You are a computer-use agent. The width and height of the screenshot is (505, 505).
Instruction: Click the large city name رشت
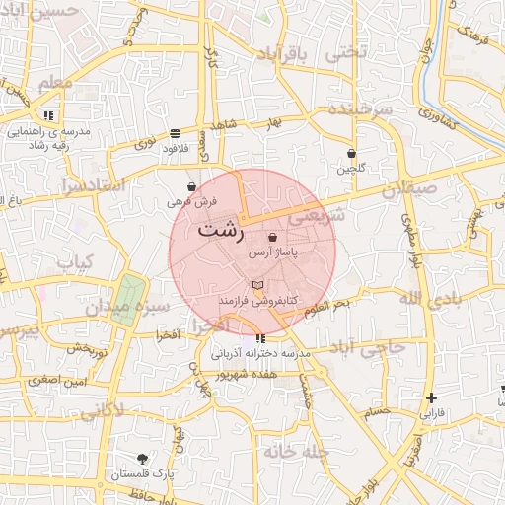tap(221, 231)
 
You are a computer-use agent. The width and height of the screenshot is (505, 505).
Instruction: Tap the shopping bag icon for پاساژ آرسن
tap(272, 238)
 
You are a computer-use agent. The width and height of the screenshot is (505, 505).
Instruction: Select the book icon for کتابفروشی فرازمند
tap(258, 285)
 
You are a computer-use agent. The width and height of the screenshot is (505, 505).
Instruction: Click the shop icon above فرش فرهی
tap(191, 186)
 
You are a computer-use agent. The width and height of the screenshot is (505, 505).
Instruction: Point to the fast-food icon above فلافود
tap(175, 133)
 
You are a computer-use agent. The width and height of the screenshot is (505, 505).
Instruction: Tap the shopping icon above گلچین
tap(352, 154)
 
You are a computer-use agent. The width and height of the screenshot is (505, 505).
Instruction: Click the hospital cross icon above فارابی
tap(431, 398)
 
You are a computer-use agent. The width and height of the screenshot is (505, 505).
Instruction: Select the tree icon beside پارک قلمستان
tap(144, 459)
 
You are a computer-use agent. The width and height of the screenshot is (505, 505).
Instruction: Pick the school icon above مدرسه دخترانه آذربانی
tap(259, 339)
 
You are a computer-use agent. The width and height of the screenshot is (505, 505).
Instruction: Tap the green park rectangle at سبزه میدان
tap(128, 294)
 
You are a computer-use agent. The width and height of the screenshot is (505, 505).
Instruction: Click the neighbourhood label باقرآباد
tap(290, 51)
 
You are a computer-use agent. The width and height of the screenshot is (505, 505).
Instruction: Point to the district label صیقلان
tap(408, 187)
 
